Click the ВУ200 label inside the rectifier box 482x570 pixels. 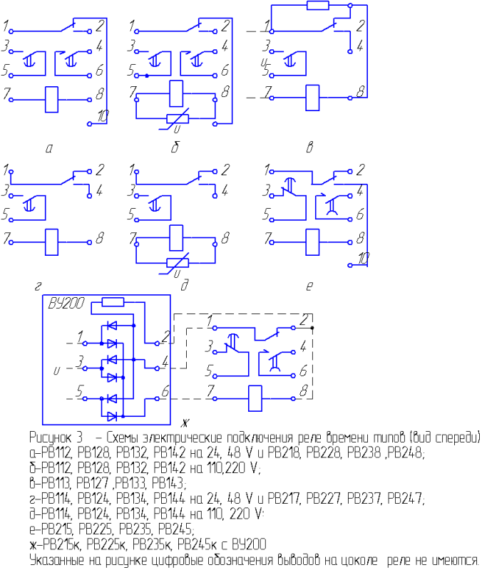click(66, 304)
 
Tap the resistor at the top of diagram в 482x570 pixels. click(318, 5)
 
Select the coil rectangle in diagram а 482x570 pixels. click(51, 99)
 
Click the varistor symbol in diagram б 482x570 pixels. click(178, 118)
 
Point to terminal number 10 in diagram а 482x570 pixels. click(103, 116)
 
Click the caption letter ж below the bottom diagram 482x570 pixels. click(185, 423)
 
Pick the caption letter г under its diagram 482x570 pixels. click(38, 287)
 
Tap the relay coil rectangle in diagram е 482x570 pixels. click(312, 242)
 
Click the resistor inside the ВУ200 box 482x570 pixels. click(113, 301)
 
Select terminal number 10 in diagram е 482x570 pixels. click(364, 259)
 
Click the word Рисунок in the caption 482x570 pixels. click(56, 437)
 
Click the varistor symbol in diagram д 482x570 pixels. click(178, 262)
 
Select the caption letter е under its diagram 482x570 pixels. click(309, 287)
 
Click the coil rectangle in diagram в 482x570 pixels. click(312, 98)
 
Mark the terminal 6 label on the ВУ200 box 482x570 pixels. click(165, 391)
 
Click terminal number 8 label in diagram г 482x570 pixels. click(100, 238)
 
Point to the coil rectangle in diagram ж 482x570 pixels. click(255, 398)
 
